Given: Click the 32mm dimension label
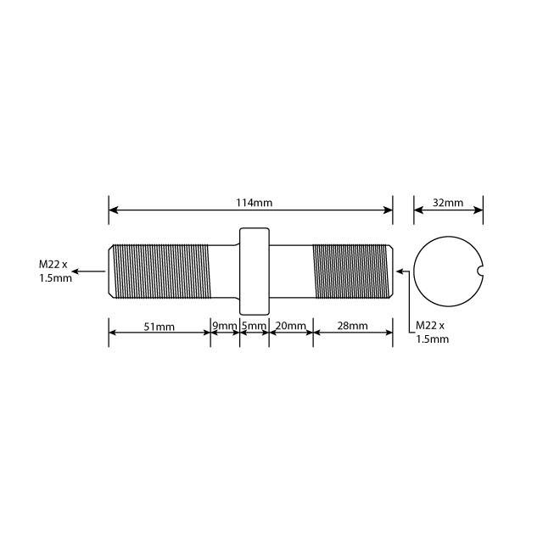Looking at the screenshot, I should pyautogui.click(x=448, y=204).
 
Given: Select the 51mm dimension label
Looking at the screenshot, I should pyautogui.click(x=159, y=327).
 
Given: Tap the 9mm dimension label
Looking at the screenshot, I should pyautogui.click(x=225, y=327).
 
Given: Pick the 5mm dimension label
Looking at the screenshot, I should pyautogui.click(x=254, y=327).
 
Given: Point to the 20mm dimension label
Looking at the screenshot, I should pyautogui.click(x=291, y=327).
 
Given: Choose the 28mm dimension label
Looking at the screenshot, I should pyautogui.click(x=352, y=327).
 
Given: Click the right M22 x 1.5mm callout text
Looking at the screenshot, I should pyautogui.click(x=432, y=332).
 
